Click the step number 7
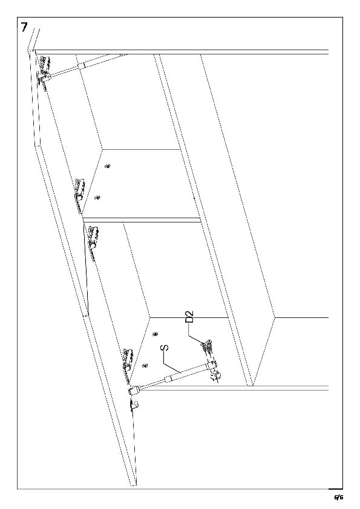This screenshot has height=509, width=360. click(x=24, y=27)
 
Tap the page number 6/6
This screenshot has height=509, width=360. click(x=339, y=497)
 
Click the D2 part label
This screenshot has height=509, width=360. click(x=189, y=317)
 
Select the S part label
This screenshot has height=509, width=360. click(x=165, y=348)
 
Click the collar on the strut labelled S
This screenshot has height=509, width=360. click(x=168, y=378)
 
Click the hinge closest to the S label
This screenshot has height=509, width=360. click(x=128, y=361)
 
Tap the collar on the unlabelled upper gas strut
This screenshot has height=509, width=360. click(x=80, y=66)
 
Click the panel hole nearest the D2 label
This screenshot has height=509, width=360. click(x=155, y=334)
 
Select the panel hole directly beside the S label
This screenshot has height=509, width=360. click(x=146, y=365)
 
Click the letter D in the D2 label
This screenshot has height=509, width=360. click(x=189, y=320)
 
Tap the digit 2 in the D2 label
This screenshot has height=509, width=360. click(x=189, y=314)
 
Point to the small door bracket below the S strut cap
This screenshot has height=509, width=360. click(x=134, y=404)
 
